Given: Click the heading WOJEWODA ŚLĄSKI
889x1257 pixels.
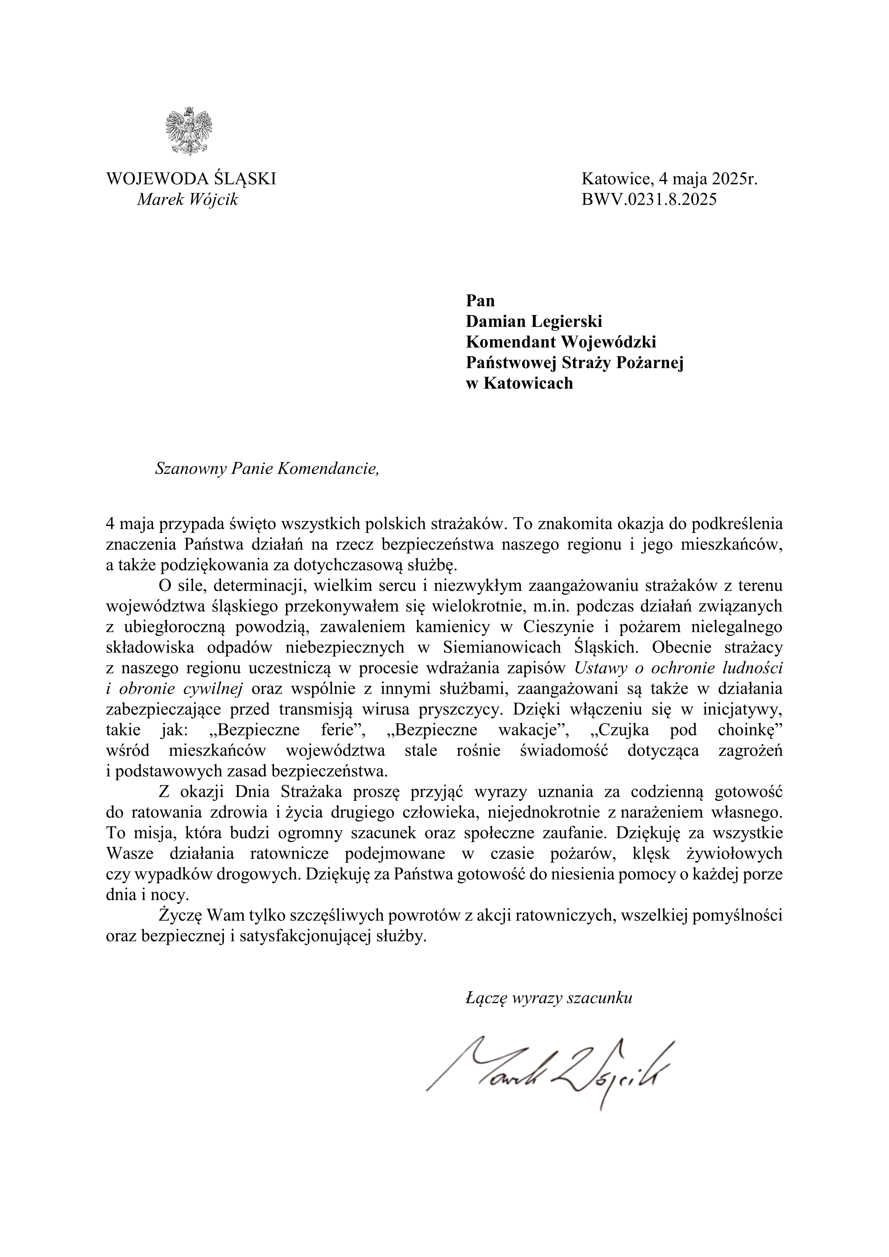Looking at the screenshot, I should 191,179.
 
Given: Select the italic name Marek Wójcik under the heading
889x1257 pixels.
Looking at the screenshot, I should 188,200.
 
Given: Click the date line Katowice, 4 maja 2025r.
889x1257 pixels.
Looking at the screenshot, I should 669,179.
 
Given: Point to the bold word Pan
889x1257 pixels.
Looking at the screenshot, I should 480,301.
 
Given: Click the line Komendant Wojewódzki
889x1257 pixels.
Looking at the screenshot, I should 560,342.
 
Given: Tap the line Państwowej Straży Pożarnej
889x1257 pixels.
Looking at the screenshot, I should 574,362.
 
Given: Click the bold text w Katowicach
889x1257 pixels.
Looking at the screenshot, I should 519,383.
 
